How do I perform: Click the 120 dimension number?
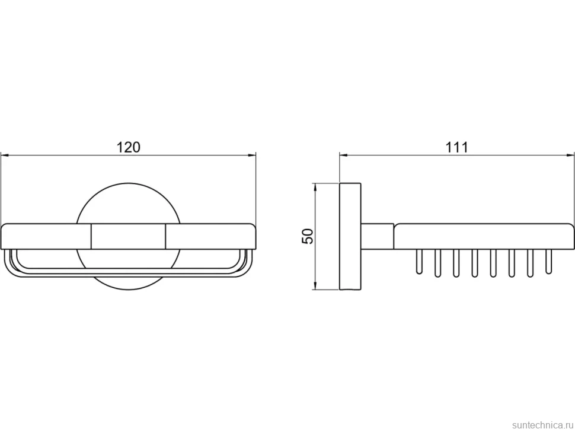(129, 147)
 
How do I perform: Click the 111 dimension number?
(457, 148)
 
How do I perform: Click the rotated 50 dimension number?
(308, 236)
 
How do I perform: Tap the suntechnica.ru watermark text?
(542, 425)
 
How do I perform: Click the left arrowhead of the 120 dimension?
(4, 155)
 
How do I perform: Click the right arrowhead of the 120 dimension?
(252, 155)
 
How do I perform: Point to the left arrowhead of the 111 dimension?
(343, 155)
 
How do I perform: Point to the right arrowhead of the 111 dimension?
(570, 155)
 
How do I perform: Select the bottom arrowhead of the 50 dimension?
(315, 286)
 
